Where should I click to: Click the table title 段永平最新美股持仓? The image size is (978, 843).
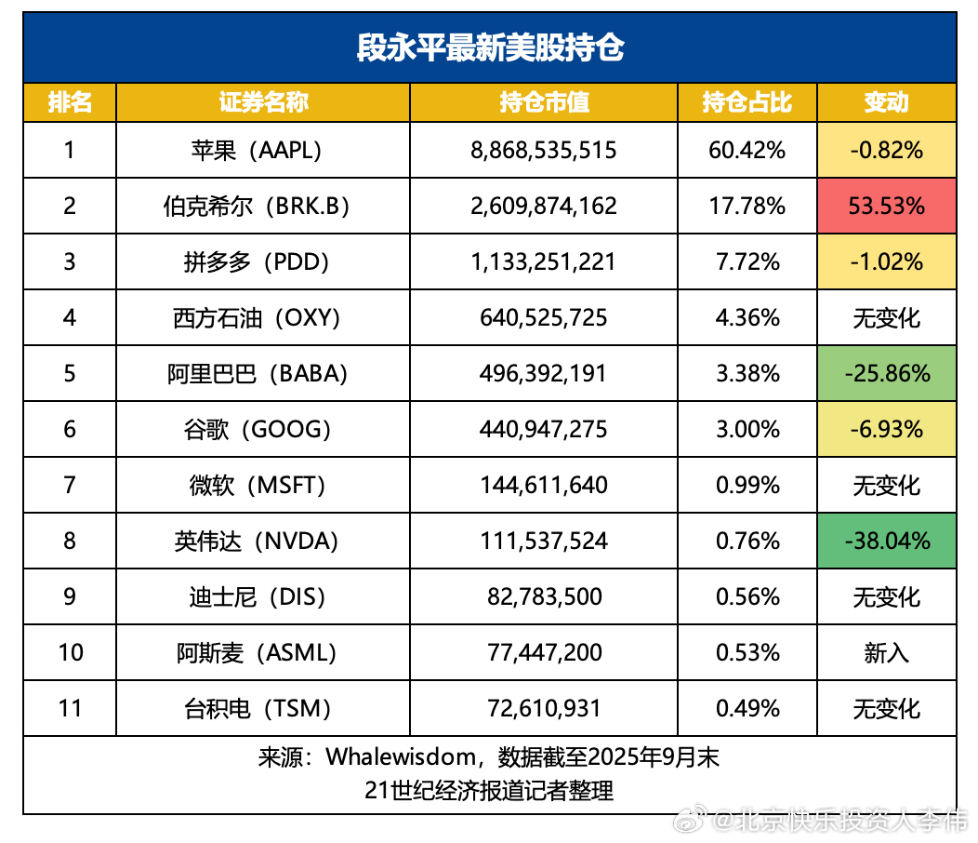point(490,47)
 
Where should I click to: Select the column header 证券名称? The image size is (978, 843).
point(263,102)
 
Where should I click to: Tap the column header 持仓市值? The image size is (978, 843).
point(544,102)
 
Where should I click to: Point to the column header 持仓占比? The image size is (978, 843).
point(747,102)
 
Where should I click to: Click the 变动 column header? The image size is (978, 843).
point(886,102)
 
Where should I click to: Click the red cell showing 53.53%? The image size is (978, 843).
point(886,206)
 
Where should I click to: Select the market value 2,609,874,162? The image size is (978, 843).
point(544,206)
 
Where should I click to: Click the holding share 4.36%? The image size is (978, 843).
point(747,317)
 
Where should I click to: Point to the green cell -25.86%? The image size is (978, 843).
point(886,373)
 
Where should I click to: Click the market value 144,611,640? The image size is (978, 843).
point(544,485)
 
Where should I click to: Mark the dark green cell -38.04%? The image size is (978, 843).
point(886,541)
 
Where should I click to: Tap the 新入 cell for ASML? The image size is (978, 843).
point(886,652)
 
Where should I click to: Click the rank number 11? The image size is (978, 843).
point(71,708)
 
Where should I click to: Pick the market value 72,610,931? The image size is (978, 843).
point(544,708)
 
